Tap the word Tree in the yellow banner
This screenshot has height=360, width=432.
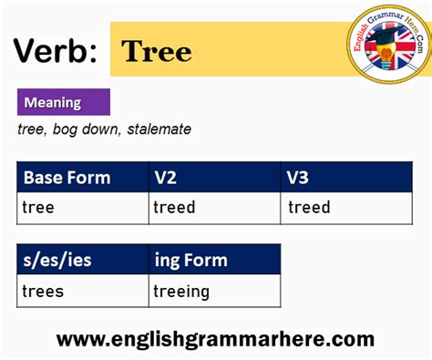pyautogui.click(x=156, y=51)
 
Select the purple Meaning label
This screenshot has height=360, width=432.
pyautogui.click(x=63, y=102)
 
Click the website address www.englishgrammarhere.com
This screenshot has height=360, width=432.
pyautogui.click(x=216, y=339)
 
